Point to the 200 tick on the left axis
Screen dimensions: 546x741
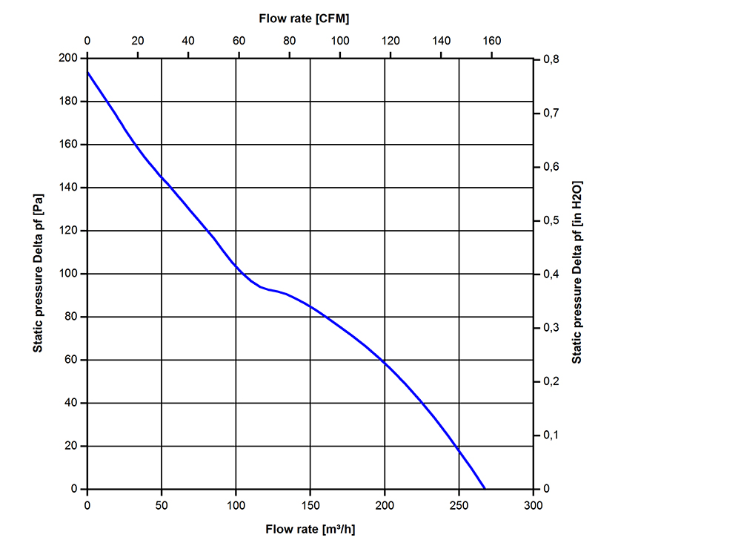coord(73,59)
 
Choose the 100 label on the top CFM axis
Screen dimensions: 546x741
coord(340,40)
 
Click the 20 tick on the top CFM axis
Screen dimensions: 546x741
coord(138,40)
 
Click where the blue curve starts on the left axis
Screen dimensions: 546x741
coord(88,72)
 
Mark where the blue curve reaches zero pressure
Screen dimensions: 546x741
coord(485,489)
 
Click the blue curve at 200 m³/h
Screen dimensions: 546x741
coord(385,361)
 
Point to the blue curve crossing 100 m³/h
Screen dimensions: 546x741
coord(236,264)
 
